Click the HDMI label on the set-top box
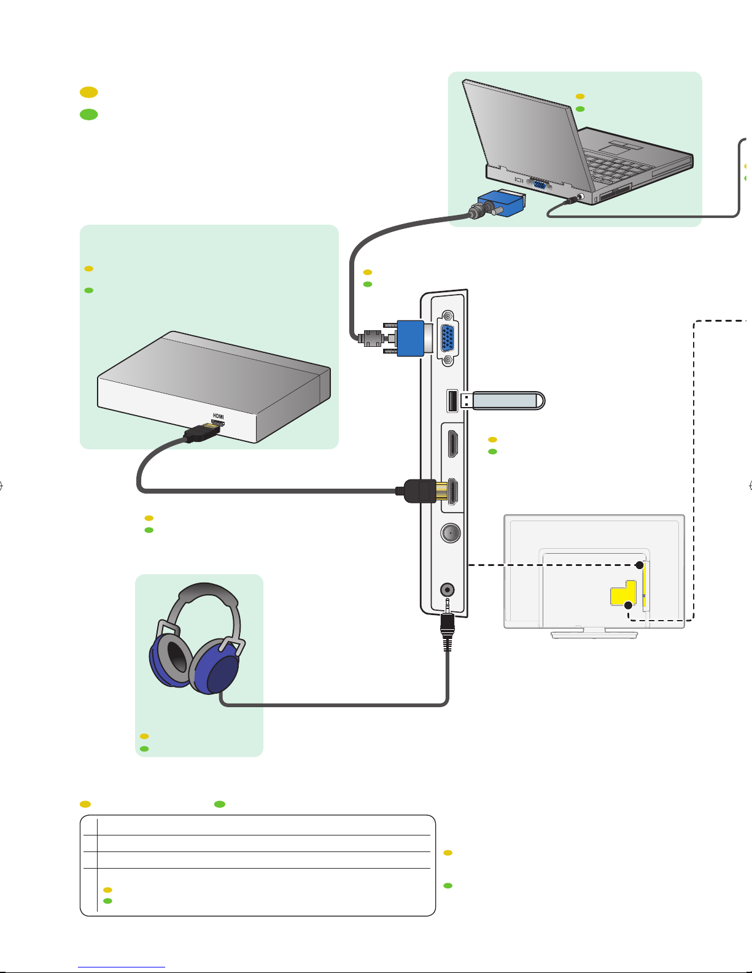(218, 416)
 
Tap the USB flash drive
(503, 400)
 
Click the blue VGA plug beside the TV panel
(410, 338)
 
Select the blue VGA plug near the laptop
(502, 203)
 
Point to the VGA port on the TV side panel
(447, 338)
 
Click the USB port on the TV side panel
(452, 401)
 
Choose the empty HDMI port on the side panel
(452, 444)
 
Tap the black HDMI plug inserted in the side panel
(420, 491)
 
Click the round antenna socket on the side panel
(451, 533)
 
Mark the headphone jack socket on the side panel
(447, 590)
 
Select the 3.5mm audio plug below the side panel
(447, 625)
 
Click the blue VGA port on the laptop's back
(540, 184)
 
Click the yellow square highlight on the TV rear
(623, 593)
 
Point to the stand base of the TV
(594, 634)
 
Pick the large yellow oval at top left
(88, 92)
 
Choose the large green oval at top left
(88, 115)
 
